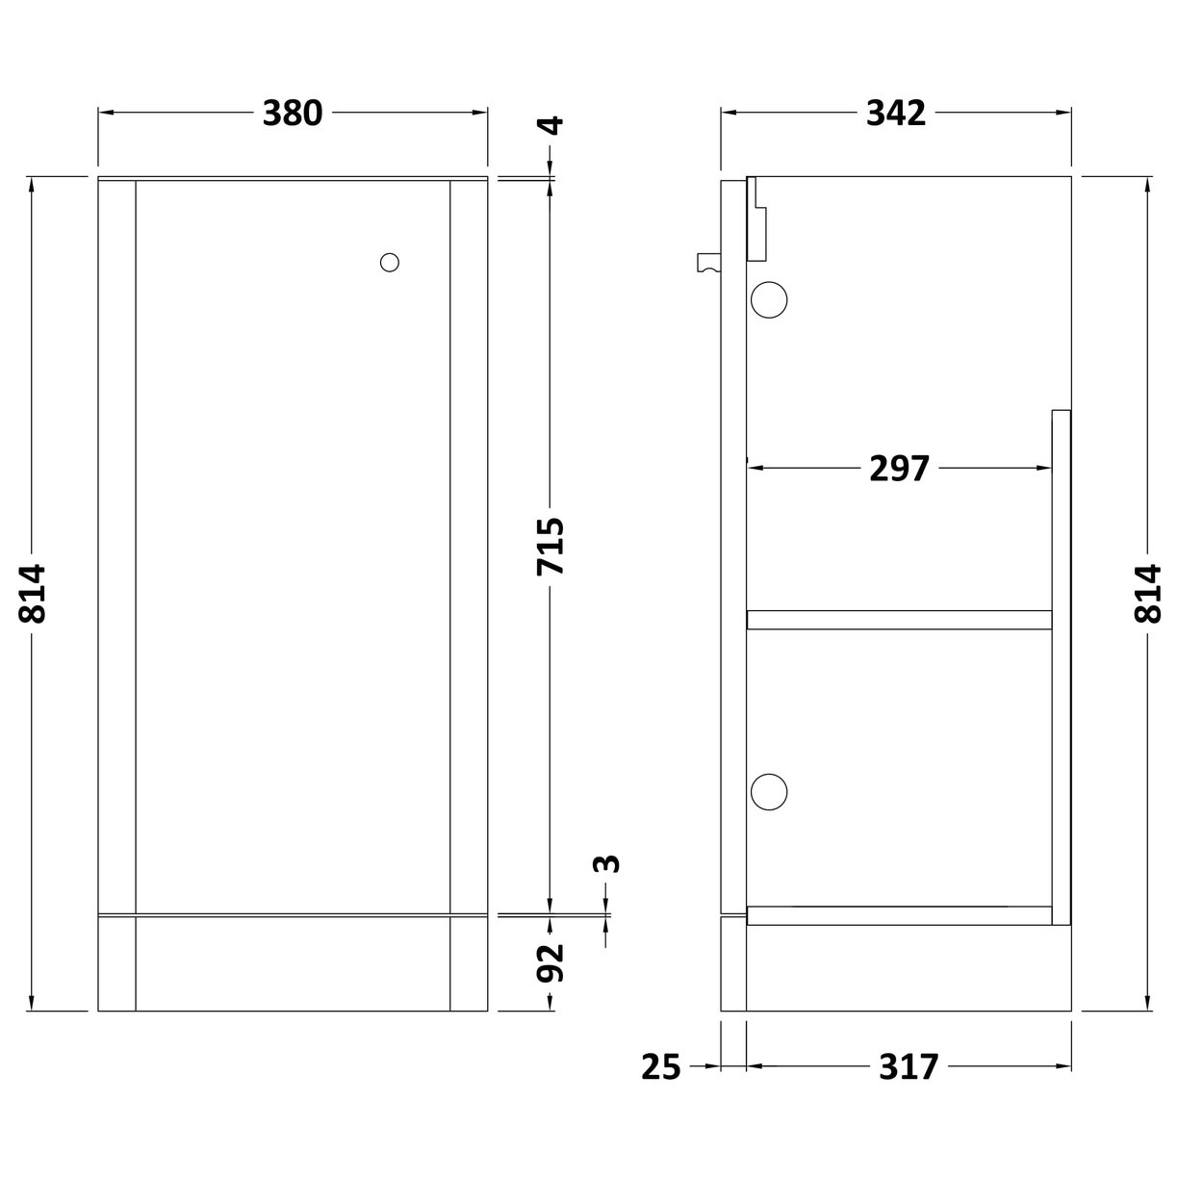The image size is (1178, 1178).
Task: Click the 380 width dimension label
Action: pyautogui.click(x=293, y=114)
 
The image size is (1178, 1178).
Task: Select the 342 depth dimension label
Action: pyautogui.click(x=895, y=114)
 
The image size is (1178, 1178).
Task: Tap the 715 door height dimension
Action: pyautogui.click(x=550, y=547)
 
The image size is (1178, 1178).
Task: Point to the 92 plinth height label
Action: pyautogui.click(x=550, y=962)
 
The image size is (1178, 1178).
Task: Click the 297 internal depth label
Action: pyautogui.click(x=900, y=469)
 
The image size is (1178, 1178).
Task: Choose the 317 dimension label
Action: pyautogui.click(x=908, y=1066)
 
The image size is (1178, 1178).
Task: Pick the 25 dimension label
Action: pyautogui.click(x=661, y=1066)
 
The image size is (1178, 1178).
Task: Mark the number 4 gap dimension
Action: pyautogui.click(x=551, y=126)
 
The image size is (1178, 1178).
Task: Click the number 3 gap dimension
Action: pyautogui.click(x=606, y=863)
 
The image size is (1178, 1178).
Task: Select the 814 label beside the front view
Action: pyautogui.click(x=33, y=594)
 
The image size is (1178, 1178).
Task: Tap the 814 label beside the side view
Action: pyautogui.click(x=1148, y=594)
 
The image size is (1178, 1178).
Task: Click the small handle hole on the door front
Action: pyautogui.click(x=390, y=262)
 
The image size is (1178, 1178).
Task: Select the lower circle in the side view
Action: pyautogui.click(x=769, y=791)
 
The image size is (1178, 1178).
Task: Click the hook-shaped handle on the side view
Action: pyautogui.click(x=708, y=260)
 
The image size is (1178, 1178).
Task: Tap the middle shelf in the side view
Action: pyautogui.click(x=899, y=619)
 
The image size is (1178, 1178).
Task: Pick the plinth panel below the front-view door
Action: pyautogui.click(x=293, y=963)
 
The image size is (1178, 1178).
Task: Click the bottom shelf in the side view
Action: pyautogui.click(x=899, y=915)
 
